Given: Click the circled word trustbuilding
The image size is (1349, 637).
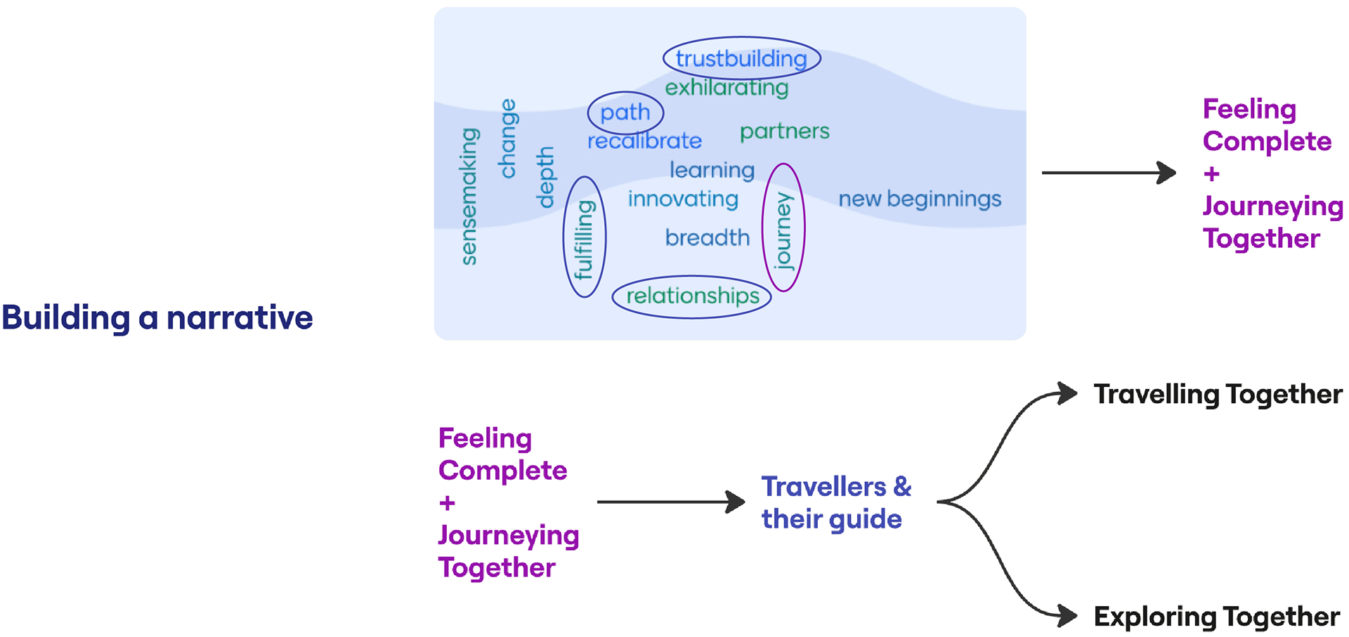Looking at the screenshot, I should pos(741,59).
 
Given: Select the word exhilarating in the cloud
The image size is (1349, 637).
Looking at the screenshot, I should pos(726,88).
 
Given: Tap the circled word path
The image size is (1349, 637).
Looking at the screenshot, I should pos(625,112).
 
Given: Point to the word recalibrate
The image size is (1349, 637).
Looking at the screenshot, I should pos(644,141).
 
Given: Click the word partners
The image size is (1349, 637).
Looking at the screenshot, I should pos(784,131).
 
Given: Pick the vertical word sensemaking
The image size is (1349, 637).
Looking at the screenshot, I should pos(469,197).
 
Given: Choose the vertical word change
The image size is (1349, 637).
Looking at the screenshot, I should pos(507,139).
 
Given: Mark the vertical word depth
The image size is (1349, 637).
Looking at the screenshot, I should pos(545,178).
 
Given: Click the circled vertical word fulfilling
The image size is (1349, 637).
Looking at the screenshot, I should pos(584,239).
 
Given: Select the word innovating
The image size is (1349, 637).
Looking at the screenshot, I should pos(683,199).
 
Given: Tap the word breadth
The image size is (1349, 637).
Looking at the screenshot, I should pos(708,238).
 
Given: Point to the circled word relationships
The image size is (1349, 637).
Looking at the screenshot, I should pos(692,296).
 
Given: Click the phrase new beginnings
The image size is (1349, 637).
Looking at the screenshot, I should pos(920,199).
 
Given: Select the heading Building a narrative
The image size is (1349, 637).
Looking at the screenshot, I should pos(157,317).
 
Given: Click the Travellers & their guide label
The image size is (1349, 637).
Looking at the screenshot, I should pos(835,503).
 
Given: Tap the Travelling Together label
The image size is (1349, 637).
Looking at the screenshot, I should pos(1218,395).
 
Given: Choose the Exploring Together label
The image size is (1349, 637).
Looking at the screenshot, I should pos(1216,617).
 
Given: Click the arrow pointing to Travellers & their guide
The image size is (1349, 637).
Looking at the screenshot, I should pos(670,502).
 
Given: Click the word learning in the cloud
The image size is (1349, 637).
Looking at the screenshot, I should pos(712,171).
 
